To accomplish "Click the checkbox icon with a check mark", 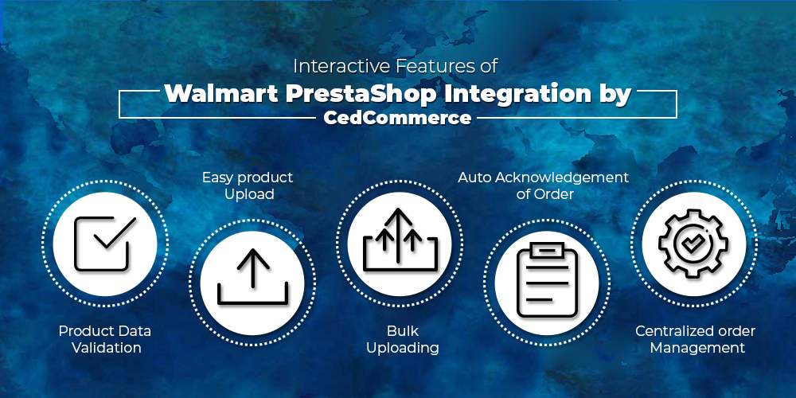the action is pos(105,243).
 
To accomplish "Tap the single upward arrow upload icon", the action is pos(252,278).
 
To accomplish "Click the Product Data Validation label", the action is pos(105,340).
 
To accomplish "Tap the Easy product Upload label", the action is pos(248,185).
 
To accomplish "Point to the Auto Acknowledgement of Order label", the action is pos(544,185).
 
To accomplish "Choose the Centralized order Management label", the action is pos(695,340).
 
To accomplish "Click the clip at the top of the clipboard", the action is pos(547,250).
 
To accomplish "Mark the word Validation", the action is pos(107,349).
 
